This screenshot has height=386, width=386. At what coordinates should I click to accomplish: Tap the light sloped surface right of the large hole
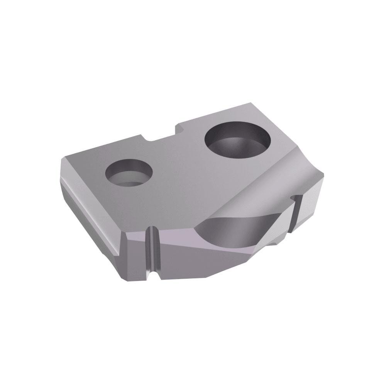pyautogui.click(x=286, y=170)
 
